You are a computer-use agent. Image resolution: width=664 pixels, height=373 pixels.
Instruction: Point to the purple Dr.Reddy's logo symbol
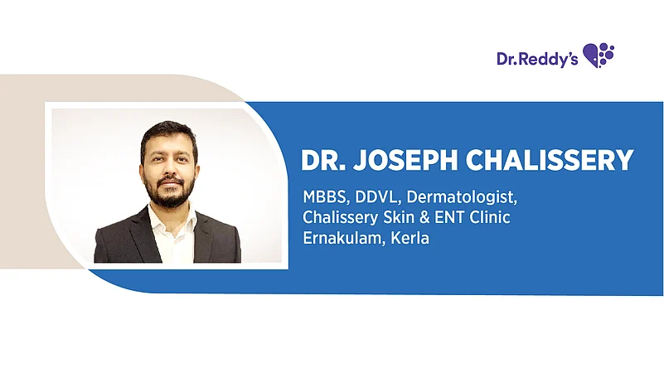pos(599,56)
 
